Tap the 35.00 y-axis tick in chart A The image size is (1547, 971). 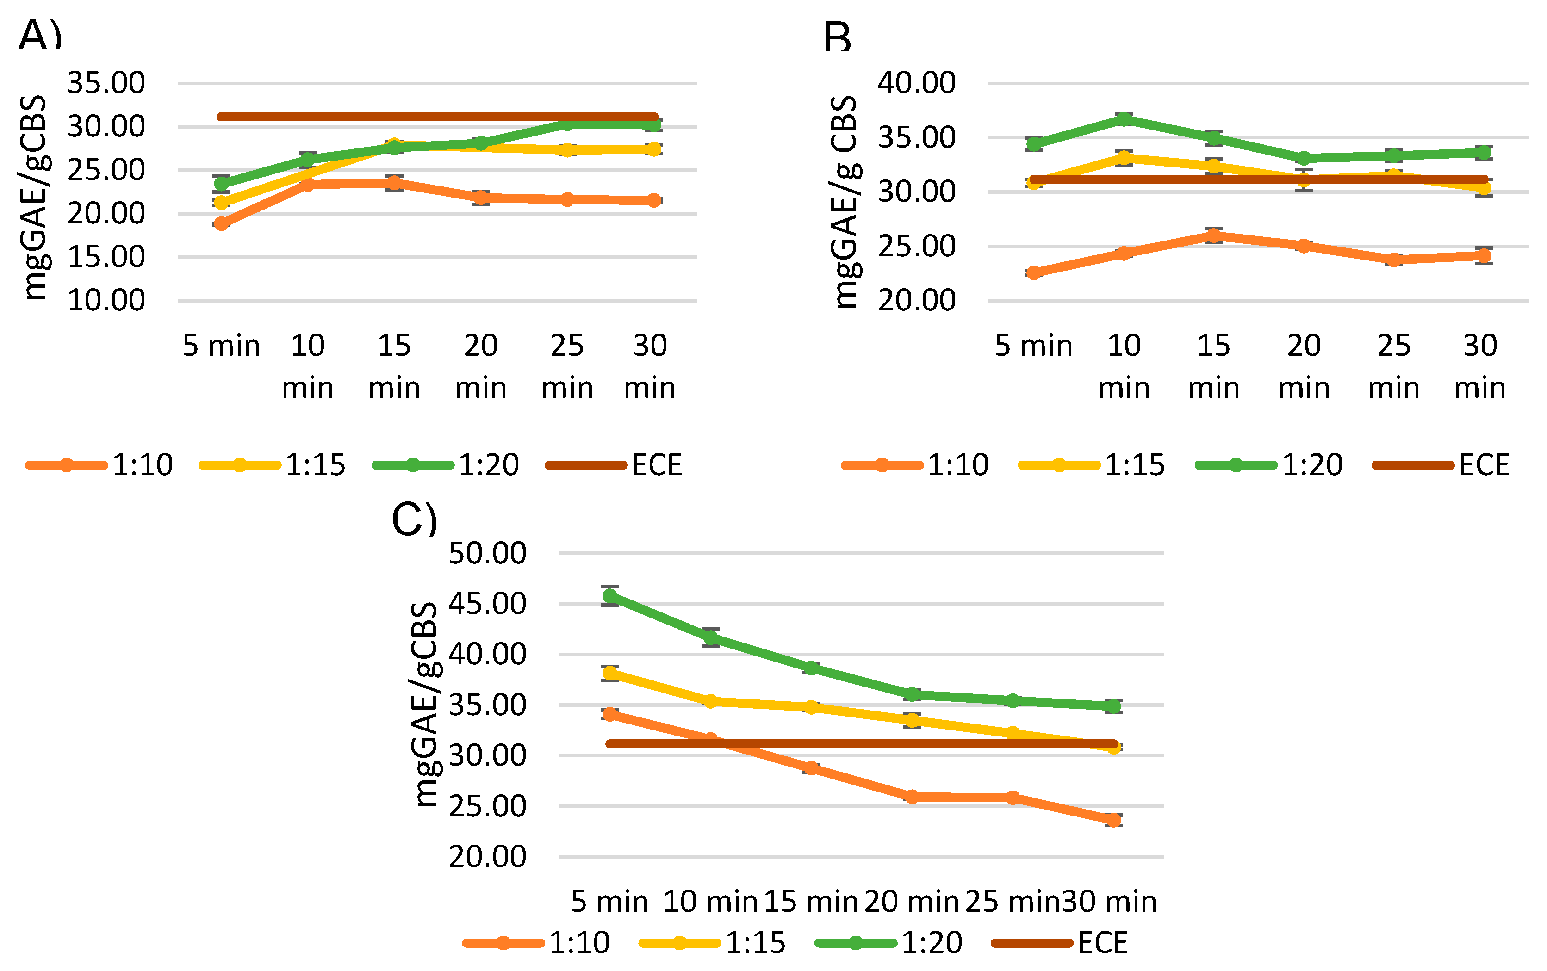[106, 83]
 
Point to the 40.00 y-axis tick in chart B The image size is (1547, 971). [917, 83]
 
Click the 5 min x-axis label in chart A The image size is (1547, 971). [221, 346]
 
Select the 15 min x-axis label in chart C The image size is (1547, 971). [811, 902]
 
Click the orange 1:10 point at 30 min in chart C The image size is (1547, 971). [1113, 820]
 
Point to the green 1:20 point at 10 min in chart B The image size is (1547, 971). [1124, 119]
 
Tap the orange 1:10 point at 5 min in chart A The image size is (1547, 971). [221, 223]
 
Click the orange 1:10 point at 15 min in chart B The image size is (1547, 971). [1213, 235]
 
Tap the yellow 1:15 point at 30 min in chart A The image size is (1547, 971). [653, 149]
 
